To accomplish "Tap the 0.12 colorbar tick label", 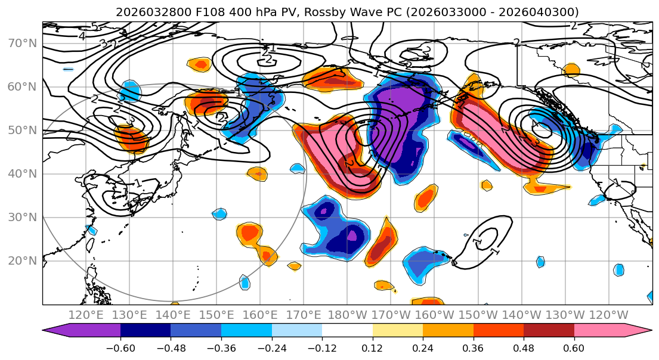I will pyautogui.click(x=372, y=348).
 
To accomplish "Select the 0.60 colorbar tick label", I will pyautogui.click(x=574, y=348).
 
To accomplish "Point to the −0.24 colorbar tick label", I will pyautogui.click(x=271, y=348).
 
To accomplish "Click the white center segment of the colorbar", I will pyautogui.click(x=347, y=332).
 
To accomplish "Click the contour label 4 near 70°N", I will pyautogui.click(x=82, y=36).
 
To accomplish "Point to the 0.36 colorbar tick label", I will pyautogui.click(x=473, y=348).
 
